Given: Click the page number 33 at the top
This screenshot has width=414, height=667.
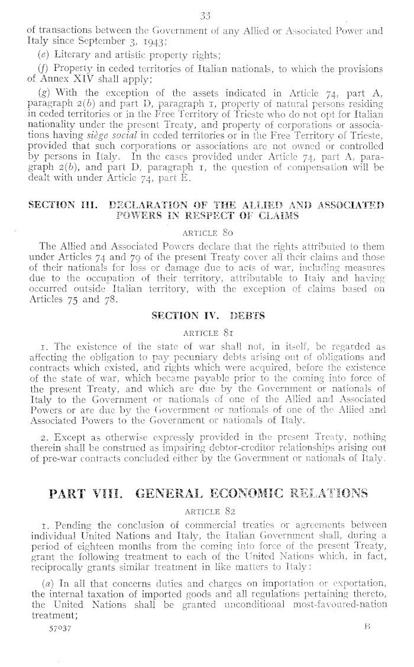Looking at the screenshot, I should click(x=206, y=15).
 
